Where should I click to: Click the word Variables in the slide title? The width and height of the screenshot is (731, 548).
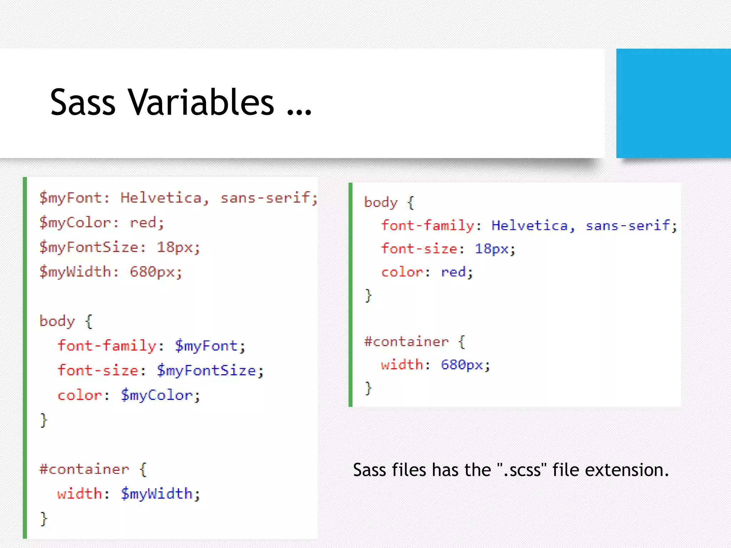coord(201,102)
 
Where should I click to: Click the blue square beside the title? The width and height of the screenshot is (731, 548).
coord(673,103)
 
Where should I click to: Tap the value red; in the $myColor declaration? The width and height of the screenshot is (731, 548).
coord(147,223)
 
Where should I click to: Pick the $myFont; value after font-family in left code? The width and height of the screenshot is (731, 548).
coord(210,346)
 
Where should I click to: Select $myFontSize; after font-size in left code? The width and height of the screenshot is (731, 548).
coord(210,371)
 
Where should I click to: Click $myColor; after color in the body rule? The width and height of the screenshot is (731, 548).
coord(160,395)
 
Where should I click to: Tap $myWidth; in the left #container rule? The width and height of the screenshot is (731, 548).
coord(160,494)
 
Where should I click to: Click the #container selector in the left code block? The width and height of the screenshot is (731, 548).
coord(84,469)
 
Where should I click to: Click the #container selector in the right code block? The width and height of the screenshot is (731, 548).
coord(406,342)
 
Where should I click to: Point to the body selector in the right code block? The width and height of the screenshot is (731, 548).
coord(380,202)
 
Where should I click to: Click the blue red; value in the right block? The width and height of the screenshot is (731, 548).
coord(457,272)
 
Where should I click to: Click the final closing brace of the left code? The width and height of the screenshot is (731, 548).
coord(44,519)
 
